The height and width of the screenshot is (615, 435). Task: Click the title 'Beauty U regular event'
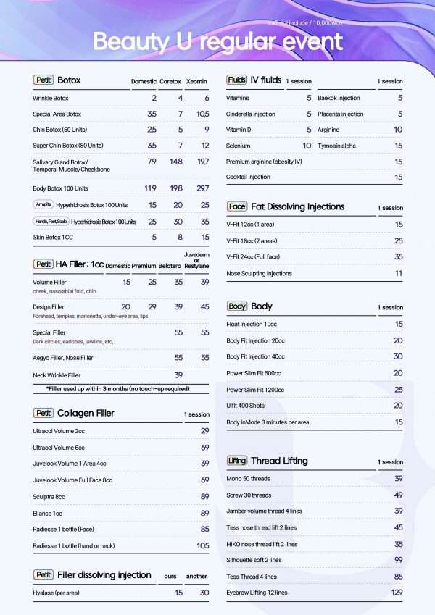(x=217, y=41)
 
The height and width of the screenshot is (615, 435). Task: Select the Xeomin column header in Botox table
(x=197, y=80)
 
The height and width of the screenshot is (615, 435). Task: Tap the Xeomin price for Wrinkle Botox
(x=207, y=98)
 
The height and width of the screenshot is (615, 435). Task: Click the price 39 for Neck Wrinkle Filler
(x=178, y=375)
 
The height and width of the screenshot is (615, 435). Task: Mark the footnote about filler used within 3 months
(x=117, y=389)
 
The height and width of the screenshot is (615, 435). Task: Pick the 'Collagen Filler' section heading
(x=86, y=414)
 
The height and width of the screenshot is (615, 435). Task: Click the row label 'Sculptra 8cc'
(x=49, y=496)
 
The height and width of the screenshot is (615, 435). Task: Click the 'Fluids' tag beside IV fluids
(x=236, y=80)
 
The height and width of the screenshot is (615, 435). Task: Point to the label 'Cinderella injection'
(x=251, y=114)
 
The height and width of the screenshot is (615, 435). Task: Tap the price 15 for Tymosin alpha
(x=398, y=146)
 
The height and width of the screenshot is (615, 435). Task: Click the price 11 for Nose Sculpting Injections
(x=398, y=273)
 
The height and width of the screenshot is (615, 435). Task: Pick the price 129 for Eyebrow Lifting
(x=397, y=593)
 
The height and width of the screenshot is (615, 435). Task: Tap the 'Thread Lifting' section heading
(x=279, y=461)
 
